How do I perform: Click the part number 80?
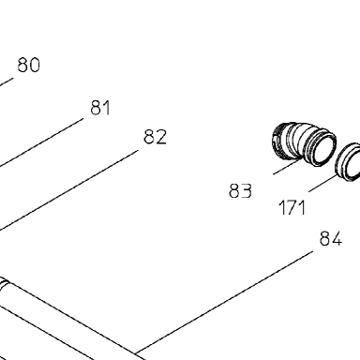[29, 65]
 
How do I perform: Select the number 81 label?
[100, 108]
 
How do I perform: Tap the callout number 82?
[155, 137]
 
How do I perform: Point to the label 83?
[240, 190]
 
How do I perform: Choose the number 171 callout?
[292, 207]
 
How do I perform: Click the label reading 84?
[331, 239]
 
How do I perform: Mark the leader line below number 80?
[7, 82]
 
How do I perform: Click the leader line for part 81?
[41, 142]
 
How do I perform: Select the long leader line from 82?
[68, 190]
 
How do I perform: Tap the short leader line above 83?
[286, 167]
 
